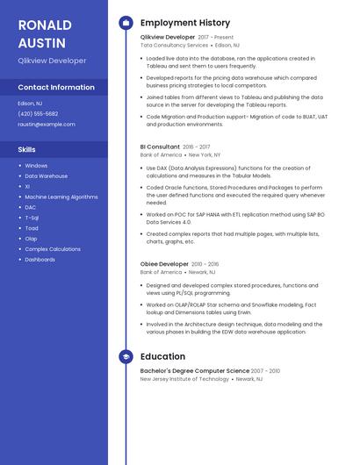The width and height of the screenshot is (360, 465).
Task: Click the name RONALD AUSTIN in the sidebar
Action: point(45,32)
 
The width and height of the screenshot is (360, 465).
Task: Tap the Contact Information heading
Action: point(56,88)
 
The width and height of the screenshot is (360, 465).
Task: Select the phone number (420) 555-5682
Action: point(38,114)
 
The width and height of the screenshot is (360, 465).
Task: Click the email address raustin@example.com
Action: point(47,125)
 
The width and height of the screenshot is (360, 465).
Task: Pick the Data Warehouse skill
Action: point(46,176)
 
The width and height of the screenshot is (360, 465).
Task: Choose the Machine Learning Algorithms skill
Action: point(61,197)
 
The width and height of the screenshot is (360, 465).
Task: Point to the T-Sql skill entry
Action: point(32,218)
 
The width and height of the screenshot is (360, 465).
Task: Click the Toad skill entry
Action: point(32,228)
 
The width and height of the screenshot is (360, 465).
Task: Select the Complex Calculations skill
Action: point(53,249)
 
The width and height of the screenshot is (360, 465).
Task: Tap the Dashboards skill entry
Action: point(40,260)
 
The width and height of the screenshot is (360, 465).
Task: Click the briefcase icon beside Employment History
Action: point(126,23)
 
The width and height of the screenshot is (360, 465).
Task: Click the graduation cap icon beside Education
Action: point(126,357)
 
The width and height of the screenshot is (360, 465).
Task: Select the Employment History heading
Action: point(185,23)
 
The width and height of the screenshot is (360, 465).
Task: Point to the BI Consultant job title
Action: point(160,147)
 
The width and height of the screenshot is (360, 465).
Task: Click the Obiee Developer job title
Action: point(164,264)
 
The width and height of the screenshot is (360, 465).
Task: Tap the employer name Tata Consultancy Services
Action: point(174,45)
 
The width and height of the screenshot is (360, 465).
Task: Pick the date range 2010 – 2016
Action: point(205,264)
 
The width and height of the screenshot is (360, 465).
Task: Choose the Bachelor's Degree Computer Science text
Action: point(195,371)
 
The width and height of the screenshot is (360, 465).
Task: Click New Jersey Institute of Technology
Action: point(184,379)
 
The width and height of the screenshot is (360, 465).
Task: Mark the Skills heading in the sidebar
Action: point(27,150)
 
